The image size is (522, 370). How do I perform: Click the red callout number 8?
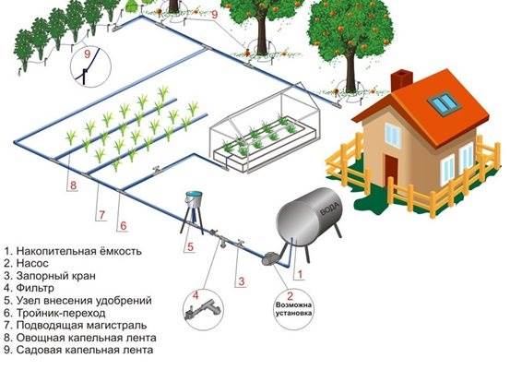click(x=73, y=185)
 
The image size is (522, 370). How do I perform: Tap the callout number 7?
click(x=101, y=214)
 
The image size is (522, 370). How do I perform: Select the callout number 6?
click(x=124, y=226)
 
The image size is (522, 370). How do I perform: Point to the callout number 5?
click(x=190, y=246)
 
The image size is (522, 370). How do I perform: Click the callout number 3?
click(x=241, y=281)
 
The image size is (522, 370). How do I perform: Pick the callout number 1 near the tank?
click(x=300, y=274)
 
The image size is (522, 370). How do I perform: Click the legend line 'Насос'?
click(x=27, y=264)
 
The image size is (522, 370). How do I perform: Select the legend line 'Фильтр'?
click(x=29, y=287)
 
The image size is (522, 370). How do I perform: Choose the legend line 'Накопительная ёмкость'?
click(x=73, y=251)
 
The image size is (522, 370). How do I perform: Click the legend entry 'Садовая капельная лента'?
click(x=79, y=350)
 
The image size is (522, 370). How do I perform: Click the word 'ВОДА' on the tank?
click(x=329, y=209)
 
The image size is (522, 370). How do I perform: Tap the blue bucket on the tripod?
click(x=194, y=198)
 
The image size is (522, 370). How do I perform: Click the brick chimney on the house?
click(x=401, y=80)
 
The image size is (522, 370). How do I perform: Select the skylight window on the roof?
click(x=445, y=101)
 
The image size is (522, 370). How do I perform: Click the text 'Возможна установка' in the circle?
click(x=293, y=309)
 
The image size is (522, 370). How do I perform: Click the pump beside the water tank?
click(x=268, y=258)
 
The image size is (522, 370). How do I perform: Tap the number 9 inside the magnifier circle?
click(x=88, y=54)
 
